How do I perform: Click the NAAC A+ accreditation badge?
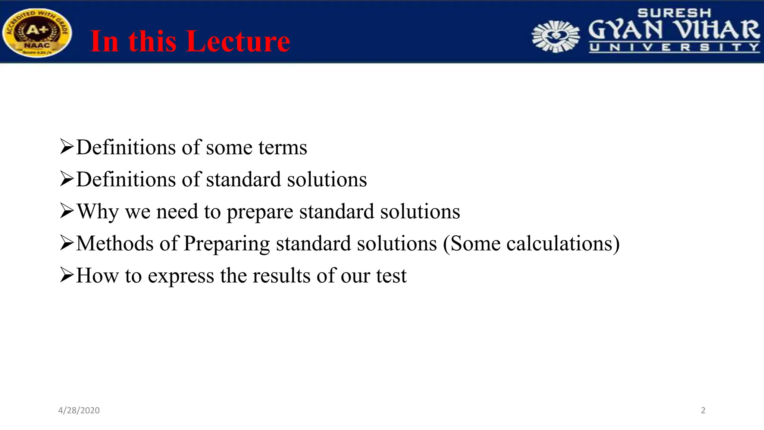[x=37, y=33]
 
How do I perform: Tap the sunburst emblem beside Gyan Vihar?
[x=556, y=36]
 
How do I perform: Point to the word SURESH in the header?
[x=674, y=13]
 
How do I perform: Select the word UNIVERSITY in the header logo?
[x=674, y=47]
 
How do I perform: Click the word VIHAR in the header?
[x=718, y=30]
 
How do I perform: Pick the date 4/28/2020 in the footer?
[x=79, y=410]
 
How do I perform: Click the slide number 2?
[x=703, y=410]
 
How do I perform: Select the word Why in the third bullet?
[x=98, y=212]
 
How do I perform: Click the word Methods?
[x=115, y=244]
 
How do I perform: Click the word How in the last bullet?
[x=97, y=276]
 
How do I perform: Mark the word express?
[x=181, y=277]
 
